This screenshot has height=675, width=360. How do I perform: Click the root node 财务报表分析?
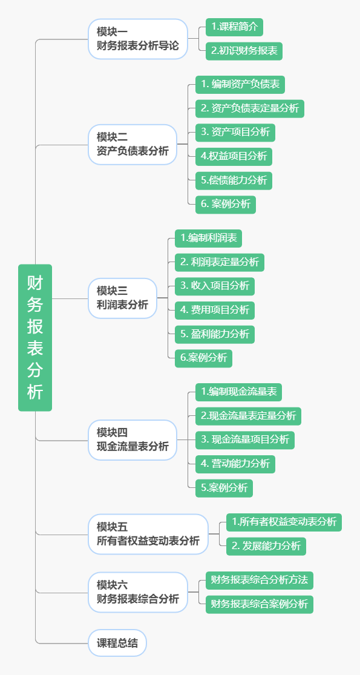[35, 337]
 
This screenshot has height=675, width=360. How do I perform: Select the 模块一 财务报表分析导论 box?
[138, 38]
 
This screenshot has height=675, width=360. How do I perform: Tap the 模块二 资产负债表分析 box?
[133, 144]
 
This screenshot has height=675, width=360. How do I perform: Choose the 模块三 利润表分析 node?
[122, 298]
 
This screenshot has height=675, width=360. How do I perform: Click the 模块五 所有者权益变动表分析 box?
[148, 534]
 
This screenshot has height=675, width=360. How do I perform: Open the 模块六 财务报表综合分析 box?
[138, 592]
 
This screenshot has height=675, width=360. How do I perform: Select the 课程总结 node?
[117, 643]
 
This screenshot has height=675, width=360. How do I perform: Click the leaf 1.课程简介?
[234, 27]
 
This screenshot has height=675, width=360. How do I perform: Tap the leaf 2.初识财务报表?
[244, 51]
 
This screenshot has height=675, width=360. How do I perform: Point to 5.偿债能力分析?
[234, 180]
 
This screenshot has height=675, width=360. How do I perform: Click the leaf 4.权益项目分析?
[234, 156]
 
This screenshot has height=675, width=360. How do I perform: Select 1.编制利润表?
[208, 238]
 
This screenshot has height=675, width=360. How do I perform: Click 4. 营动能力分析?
[235, 464]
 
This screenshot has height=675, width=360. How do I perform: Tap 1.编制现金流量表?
[238, 392]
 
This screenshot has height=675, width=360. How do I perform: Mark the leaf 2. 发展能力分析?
[266, 545]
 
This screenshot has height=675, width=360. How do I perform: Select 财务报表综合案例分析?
[259, 604]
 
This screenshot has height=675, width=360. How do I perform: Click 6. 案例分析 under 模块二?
[225, 204]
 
